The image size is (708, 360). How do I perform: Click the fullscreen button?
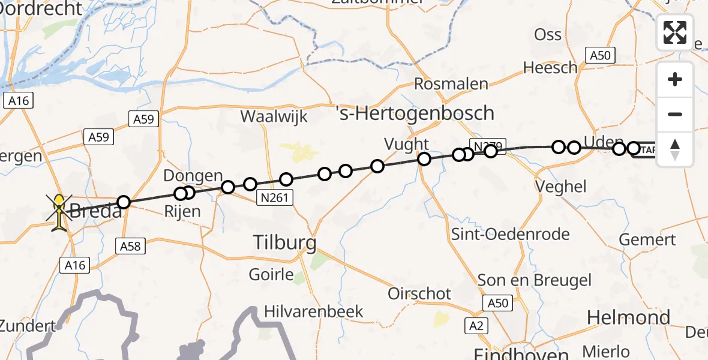pyautogui.click(x=675, y=32)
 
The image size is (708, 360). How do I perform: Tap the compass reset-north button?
pyautogui.click(x=675, y=149)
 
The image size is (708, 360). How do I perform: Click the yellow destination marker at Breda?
pyautogui.click(x=60, y=212)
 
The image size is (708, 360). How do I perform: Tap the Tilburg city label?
pyautogui.click(x=284, y=243)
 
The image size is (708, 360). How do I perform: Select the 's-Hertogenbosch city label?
pyautogui.click(x=415, y=113)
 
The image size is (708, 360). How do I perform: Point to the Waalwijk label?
pyautogui.click(x=274, y=116)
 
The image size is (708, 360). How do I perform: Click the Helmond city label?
pyautogui.click(x=628, y=317)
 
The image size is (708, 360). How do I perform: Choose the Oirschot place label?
pyautogui.click(x=419, y=293)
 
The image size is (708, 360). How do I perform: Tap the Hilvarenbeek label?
pyautogui.click(x=314, y=311)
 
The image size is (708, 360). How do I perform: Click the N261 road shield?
pyautogui.click(x=274, y=197)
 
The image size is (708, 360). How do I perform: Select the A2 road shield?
pyautogui.click(x=478, y=326)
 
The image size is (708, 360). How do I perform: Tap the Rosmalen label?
pyautogui.click(x=451, y=84)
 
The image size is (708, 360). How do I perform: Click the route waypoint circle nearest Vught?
pyautogui.click(x=424, y=159)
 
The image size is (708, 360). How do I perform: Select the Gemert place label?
pyautogui.click(x=647, y=239)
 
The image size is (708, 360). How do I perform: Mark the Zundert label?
pyautogui.click(x=28, y=326)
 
